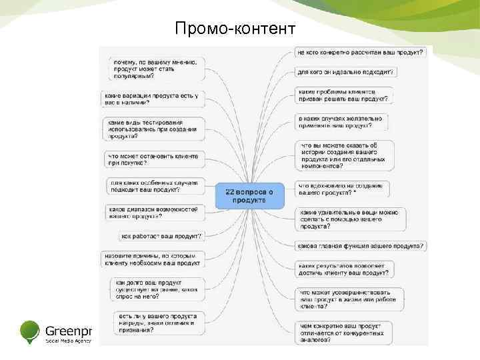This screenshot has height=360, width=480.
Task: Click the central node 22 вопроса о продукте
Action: coord(249,195)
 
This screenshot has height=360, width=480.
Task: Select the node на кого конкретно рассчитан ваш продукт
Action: coord(360,51)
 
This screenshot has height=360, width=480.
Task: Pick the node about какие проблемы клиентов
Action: coord(343,95)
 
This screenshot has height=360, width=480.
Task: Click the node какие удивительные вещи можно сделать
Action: coord(350,218)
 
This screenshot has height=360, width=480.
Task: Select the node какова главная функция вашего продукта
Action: coord(361,246)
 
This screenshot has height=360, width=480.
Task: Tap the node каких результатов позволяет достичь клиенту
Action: coord(343,269)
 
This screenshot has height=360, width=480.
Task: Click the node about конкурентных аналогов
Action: coord(343,331)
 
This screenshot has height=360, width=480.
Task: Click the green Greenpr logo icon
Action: coord(31,331)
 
